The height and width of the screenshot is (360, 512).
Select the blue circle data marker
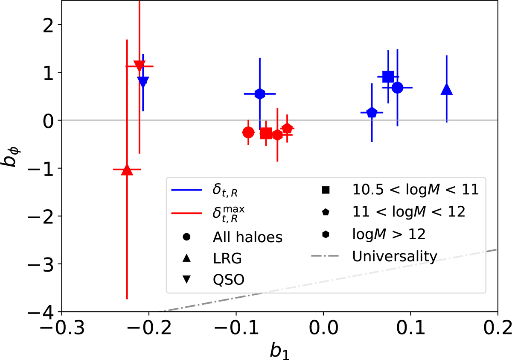[397, 88]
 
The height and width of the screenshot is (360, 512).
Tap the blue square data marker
[388, 76]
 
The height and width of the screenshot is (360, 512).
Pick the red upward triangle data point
[127, 170]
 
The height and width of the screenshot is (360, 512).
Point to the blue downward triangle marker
[143, 82]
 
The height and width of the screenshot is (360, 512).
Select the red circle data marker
[248, 132]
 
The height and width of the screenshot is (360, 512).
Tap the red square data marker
[266, 133]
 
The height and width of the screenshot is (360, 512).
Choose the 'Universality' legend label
[395, 257]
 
